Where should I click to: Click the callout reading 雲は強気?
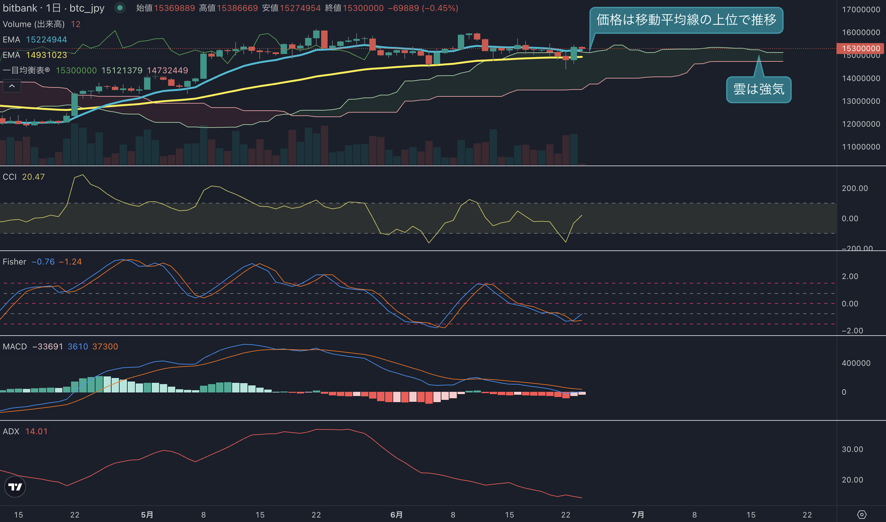tap(759, 89)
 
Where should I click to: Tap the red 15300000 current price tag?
tap(861, 48)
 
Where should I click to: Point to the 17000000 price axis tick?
tap(861, 10)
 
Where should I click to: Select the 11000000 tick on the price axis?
tap(861, 147)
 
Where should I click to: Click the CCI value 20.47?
tap(33, 177)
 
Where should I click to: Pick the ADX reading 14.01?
tap(36, 431)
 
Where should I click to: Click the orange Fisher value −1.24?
tap(70, 262)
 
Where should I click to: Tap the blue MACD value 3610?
tap(78, 346)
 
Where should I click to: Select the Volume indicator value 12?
tap(76, 24)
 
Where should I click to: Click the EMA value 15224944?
tap(46, 40)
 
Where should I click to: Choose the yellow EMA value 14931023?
tap(46, 55)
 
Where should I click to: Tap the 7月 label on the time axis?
tap(638, 515)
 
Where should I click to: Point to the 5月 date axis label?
tap(147, 515)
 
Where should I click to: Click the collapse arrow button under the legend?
tap(12, 86)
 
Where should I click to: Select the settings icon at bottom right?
tap(862, 515)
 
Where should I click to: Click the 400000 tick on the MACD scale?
tap(856, 363)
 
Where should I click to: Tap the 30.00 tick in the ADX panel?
tap(852, 449)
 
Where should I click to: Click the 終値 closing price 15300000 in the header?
tap(363, 8)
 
